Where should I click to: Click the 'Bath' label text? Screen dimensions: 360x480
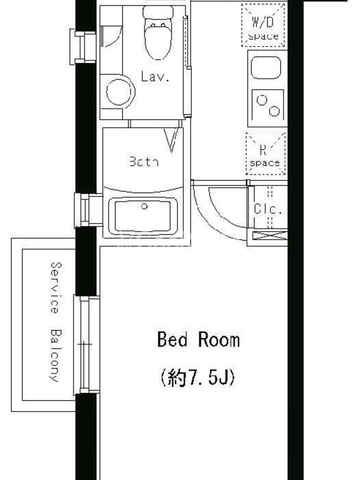pyautogui.click(x=144, y=161)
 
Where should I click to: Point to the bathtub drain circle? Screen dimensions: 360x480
pyautogui.click(x=144, y=206)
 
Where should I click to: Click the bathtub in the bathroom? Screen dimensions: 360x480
pyautogui.click(x=144, y=215)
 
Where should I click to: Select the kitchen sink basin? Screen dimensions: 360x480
pyautogui.click(x=266, y=68)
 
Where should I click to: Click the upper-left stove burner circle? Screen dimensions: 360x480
pyautogui.click(x=262, y=100)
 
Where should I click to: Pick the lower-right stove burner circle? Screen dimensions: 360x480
pyautogui.click(x=274, y=111)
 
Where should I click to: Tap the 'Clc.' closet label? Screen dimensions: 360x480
pyautogui.click(x=268, y=209)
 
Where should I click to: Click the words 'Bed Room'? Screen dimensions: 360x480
pyautogui.click(x=199, y=340)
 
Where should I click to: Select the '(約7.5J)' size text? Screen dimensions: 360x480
pyautogui.click(x=198, y=377)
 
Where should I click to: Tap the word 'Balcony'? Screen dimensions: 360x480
pyautogui.click(x=56, y=355)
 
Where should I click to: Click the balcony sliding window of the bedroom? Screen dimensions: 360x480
pyautogui.click(x=86, y=344)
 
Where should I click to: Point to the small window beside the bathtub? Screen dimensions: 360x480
pyautogui.click(x=88, y=210)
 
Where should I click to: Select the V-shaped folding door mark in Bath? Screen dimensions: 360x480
pyautogui.click(x=171, y=140)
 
